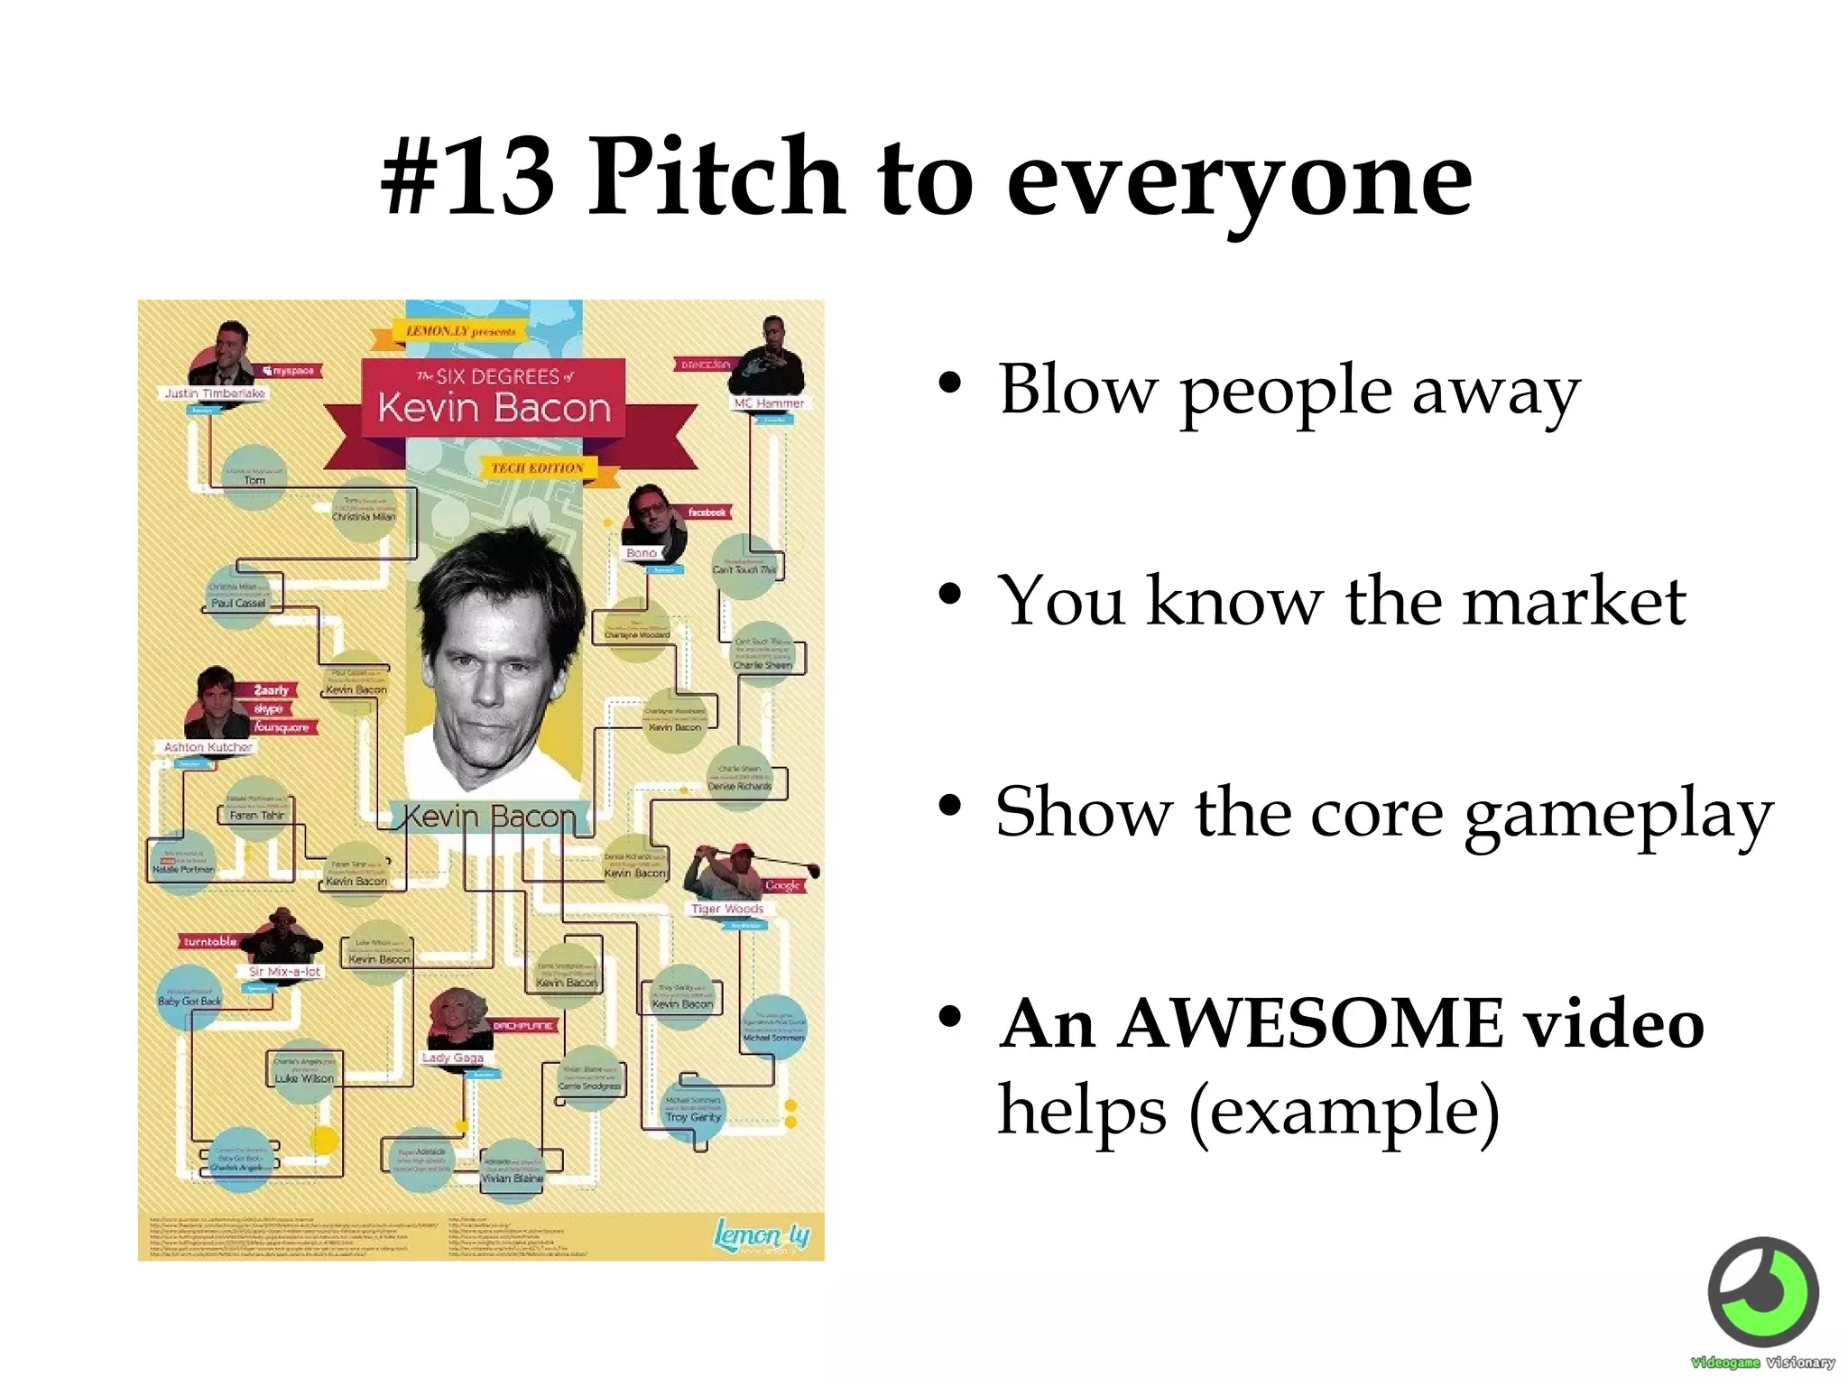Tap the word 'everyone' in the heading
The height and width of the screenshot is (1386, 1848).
tap(1238, 180)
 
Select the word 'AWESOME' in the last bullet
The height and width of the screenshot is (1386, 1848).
tap(1309, 1024)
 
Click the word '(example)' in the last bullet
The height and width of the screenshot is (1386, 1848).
tap(1344, 1111)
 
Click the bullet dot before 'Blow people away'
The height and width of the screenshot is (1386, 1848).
tap(949, 383)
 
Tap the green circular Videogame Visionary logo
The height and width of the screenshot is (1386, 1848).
tap(1763, 1292)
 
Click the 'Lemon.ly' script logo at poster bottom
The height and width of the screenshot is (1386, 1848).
tap(761, 1234)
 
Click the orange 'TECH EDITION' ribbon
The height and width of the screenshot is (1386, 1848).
tap(538, 467)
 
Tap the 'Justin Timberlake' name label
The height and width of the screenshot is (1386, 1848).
tap(215, 393)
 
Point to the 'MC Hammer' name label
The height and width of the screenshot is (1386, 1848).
tap(768, 403)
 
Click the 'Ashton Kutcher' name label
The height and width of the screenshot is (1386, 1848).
tap(208, 747)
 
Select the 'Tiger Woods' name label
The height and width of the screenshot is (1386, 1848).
tap(726, 909)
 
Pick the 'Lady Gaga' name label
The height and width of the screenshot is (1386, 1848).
tap(453, 1058)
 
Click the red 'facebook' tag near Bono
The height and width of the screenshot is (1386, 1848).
tap(707, 513)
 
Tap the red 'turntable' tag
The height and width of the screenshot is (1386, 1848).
tap(209, 942)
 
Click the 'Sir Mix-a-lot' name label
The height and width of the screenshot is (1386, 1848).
tap(284, 972)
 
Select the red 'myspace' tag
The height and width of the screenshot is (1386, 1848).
tap(290, 371)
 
